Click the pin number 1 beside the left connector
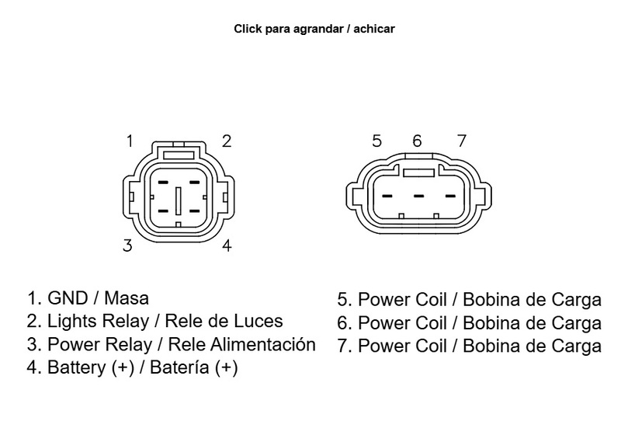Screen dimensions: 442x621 pyautogui.click(x=130, y=141)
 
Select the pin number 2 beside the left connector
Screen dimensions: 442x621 pyautogui.click(x=227, y=141)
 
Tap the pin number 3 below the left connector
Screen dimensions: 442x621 pyautogui.click(x=127, y=246)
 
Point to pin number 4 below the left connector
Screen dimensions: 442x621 pyautogui.click(x=227, y=246)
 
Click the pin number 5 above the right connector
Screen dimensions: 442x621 pyautogui.click(x=377, y=141)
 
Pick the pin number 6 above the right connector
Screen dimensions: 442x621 pyautogui.click(x=417, y=141)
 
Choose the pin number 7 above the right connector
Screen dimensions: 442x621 pyautogui.click(x=461, y=141)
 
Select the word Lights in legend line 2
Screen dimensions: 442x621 pyautogui.click(x=70, y=321)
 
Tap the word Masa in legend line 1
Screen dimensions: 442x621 pyautogui.click(x=126, y=298)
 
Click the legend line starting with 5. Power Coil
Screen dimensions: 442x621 pyautogui.click(x=469, y=300)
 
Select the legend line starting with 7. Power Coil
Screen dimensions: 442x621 pyautogui.click(x=469, y=345)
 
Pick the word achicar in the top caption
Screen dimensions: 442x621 pyautogui.click(x=376, y=30)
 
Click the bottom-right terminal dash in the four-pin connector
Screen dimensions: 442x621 pyautogui.click(x=194, y=211)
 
